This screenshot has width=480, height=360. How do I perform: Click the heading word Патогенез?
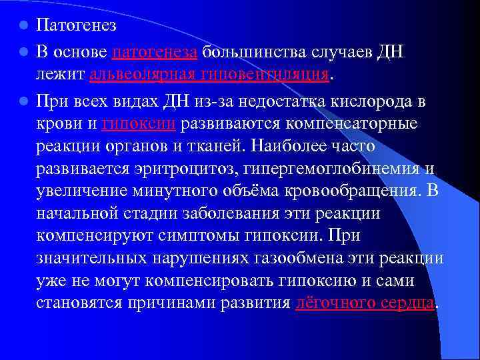[x=77, y=27]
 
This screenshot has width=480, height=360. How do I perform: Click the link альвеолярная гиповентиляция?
[x=209, y=75]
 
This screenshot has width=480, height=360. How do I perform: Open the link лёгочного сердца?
[x=365, y=303]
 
